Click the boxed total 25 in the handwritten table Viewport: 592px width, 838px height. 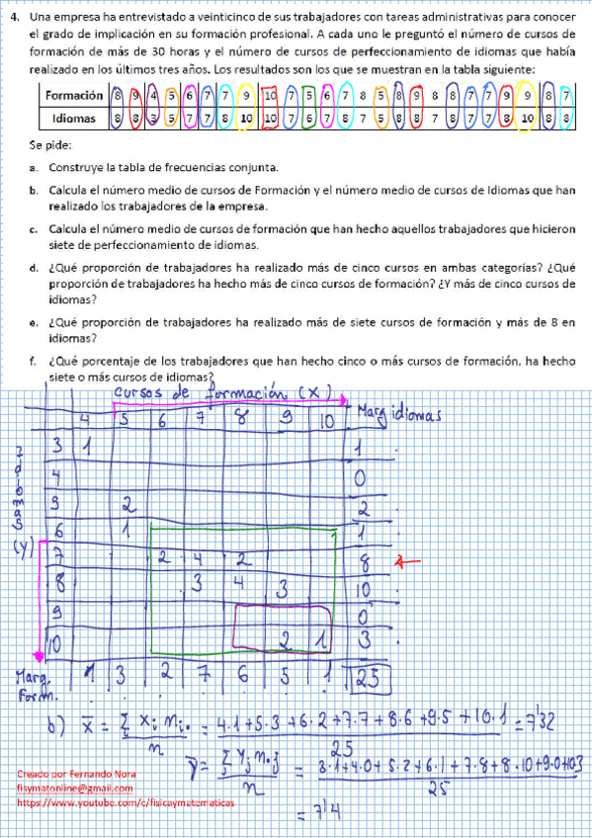coord(371,679)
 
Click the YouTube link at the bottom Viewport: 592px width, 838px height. coord(127,804)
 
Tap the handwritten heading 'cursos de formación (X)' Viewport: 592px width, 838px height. coord(233,395)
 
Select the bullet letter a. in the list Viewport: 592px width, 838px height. coord(33,167)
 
